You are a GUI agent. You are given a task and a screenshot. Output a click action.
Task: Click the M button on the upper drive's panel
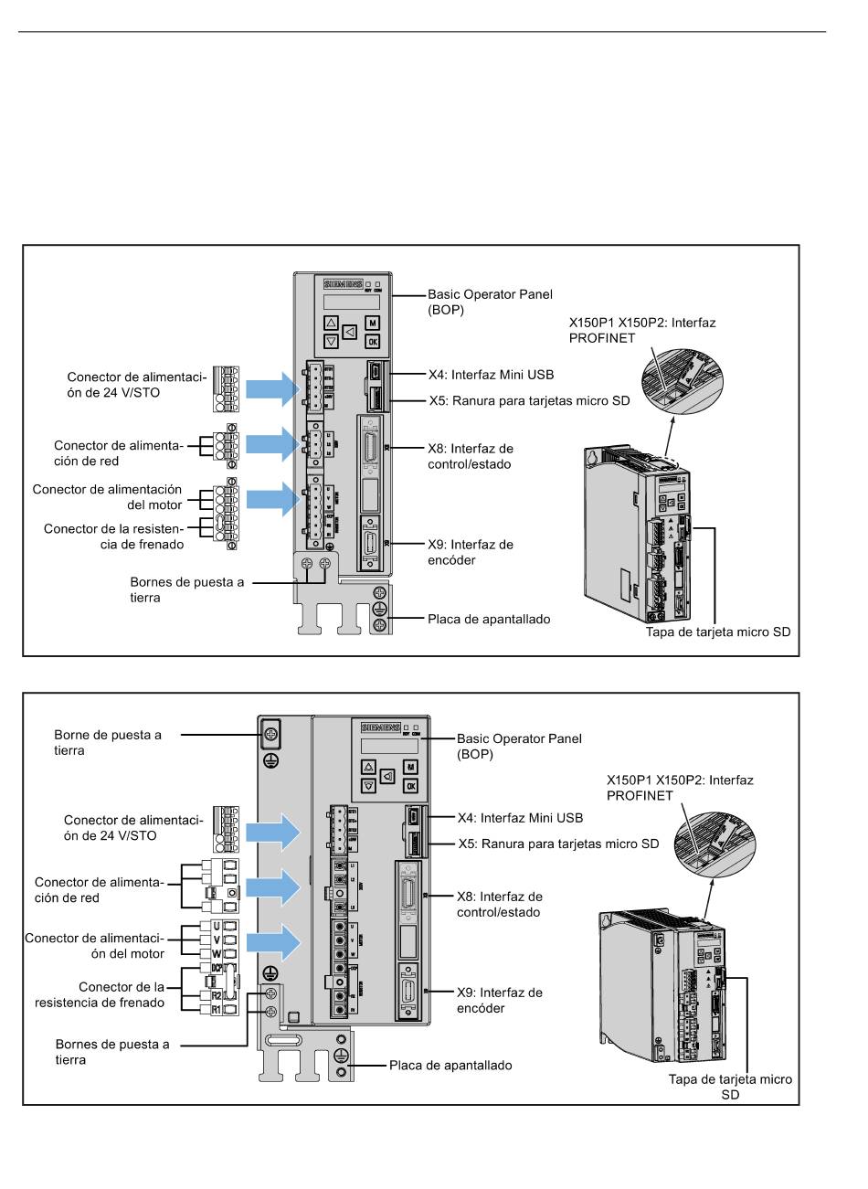pos(373,323)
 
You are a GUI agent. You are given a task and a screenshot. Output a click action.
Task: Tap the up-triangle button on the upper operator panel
pos(331,323)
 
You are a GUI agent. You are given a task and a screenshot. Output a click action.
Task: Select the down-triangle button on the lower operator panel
pos(368,785)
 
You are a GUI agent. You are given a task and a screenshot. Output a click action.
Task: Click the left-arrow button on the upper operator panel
pos(349,332)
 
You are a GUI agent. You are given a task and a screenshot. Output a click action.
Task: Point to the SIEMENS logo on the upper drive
pos(344,284)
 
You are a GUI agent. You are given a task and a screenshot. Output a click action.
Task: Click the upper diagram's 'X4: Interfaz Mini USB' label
pos(491,375)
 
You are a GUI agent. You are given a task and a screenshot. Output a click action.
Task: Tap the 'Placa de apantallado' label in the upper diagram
pos(489,619)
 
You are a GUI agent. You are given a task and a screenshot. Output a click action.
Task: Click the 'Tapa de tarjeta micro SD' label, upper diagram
pos(717,632)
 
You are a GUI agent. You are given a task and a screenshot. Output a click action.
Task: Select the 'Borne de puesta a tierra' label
pos(108,742)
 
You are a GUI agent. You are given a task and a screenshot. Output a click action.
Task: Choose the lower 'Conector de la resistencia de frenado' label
pos(101,994)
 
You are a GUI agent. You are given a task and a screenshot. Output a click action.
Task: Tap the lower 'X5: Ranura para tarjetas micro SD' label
pos(558,844)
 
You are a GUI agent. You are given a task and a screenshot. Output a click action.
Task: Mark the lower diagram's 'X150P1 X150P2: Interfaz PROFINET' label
pos(680,788)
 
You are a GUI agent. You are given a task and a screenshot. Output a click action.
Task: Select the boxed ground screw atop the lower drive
pos(270,733)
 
